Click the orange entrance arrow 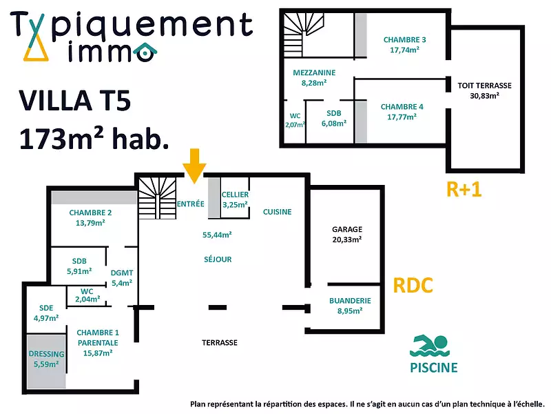[x=195, y=166]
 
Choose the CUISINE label [x=278, y=212]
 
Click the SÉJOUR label [x=218, y=259]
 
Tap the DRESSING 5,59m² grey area [x=47, y=359]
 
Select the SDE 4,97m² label [x=46, y=313]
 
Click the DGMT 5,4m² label [x=122, y=277]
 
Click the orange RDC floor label [x=413, y=285]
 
